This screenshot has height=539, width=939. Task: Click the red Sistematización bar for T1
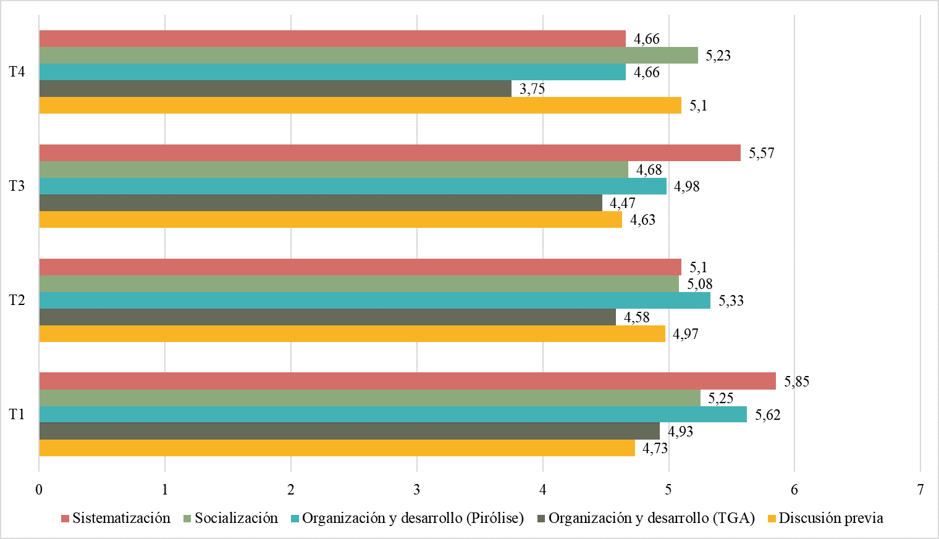(408, 381)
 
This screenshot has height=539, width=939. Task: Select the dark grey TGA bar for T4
(275, 88)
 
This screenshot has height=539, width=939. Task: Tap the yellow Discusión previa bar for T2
(352, 333)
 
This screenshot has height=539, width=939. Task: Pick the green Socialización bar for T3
(334, 169)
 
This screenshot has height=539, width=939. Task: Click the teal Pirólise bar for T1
(393, 414)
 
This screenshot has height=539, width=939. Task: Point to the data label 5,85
(796, 382)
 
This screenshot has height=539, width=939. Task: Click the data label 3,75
(532, 89)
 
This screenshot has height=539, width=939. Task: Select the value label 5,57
(761, 153)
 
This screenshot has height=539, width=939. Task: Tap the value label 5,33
(731, 301)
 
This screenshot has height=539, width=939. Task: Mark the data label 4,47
(622, 203)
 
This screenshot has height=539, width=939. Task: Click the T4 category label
(17, 72)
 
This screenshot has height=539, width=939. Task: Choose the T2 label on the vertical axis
(17, 300)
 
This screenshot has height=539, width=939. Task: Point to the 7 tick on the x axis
(920, 490)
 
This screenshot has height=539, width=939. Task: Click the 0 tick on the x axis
(39, 490)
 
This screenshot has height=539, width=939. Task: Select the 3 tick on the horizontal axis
(417, 490)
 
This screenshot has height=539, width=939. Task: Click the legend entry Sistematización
(121, 518)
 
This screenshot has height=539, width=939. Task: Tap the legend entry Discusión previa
(830, 518)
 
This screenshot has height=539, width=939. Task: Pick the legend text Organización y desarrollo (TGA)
(651, 518)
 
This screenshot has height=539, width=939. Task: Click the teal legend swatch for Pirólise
(295, 519)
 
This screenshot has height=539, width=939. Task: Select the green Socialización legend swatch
(187, 519)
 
